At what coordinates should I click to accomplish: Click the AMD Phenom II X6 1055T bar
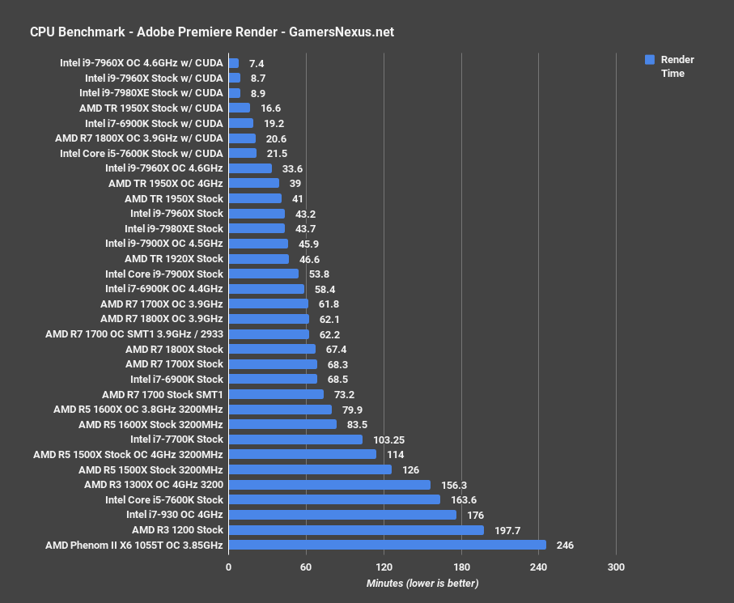coord(387,545)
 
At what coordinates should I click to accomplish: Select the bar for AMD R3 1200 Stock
coord(356,530)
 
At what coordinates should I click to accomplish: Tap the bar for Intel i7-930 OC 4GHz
coord(342,515)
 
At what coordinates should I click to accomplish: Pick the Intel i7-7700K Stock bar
coord(295,440)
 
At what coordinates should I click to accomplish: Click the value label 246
coord(565,546)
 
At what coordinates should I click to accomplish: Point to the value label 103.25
coord(387,440)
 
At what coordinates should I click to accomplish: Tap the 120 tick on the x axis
coord(384,567)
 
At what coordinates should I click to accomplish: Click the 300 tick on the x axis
coord(616,567)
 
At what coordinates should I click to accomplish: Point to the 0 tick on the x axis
coord(229,567)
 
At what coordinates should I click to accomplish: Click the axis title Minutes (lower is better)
coord(422,584)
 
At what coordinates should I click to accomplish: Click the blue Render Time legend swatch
coord(649,60)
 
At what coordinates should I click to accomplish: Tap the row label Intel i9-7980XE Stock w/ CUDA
coord(151,92)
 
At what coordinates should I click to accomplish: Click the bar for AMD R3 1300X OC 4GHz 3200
coord(329,485)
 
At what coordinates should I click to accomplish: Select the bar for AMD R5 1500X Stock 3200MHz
coord(310,469)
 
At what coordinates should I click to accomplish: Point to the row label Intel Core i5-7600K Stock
coord(163,499)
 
